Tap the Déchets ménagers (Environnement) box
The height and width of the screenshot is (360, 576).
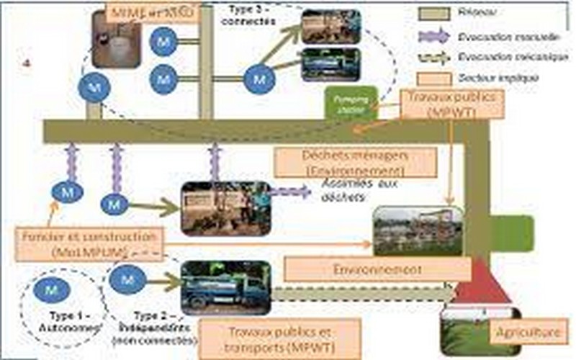click(356, 163)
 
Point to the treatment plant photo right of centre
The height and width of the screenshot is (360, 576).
click(418, 231)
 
